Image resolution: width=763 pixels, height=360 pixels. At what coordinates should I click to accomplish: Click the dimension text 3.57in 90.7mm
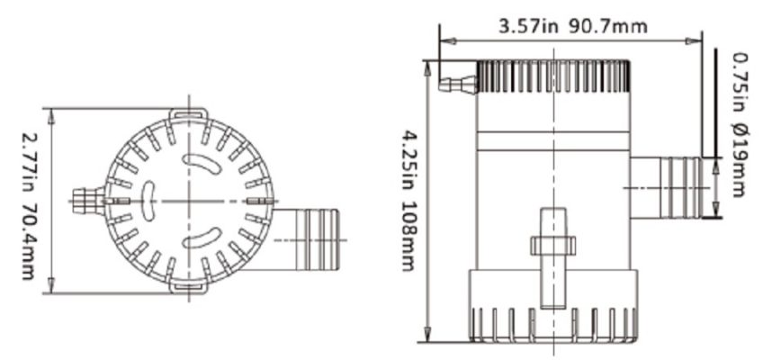coord(573,27)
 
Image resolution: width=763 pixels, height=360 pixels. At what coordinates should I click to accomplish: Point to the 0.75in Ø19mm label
coord(738,124)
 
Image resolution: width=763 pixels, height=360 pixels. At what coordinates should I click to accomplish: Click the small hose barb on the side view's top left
coord(458,85)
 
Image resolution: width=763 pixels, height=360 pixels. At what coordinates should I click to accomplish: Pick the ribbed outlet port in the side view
coord(667,188)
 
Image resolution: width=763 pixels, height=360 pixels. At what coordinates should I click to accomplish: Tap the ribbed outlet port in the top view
coord(307,239)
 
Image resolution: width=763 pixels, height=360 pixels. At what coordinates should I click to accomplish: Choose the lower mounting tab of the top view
coord(189,287)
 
